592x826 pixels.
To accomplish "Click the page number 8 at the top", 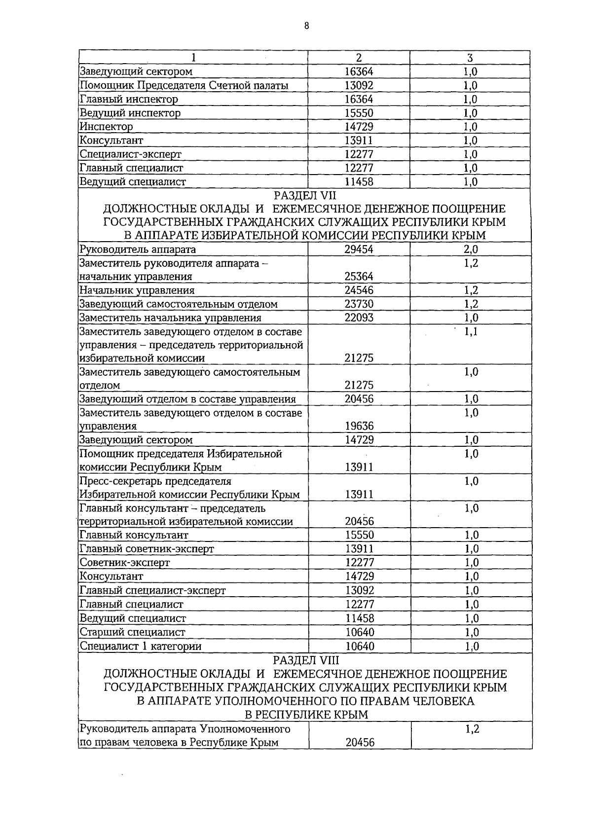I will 306,26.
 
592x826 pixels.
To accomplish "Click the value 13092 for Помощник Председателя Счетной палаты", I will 359,85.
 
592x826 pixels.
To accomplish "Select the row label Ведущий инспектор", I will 130,113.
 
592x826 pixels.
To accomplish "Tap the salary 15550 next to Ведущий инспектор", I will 359,113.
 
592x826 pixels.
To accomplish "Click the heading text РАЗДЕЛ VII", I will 304,196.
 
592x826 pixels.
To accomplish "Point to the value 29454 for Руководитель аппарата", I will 359,250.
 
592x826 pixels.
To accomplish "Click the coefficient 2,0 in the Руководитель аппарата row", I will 471,250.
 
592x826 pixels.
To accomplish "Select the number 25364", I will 359,277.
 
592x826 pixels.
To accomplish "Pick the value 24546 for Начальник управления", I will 359,290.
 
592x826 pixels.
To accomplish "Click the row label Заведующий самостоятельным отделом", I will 179,304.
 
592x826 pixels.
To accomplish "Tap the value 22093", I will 359,318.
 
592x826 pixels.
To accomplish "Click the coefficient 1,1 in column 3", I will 471,332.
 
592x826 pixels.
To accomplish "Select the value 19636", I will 359,426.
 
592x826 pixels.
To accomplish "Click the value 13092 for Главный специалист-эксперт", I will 360,590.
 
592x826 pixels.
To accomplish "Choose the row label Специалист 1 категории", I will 141,646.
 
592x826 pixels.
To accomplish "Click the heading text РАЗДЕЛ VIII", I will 306,660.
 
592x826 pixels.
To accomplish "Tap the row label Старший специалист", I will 133,632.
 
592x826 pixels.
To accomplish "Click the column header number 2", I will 359,58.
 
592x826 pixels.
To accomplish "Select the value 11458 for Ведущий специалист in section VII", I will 360,618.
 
